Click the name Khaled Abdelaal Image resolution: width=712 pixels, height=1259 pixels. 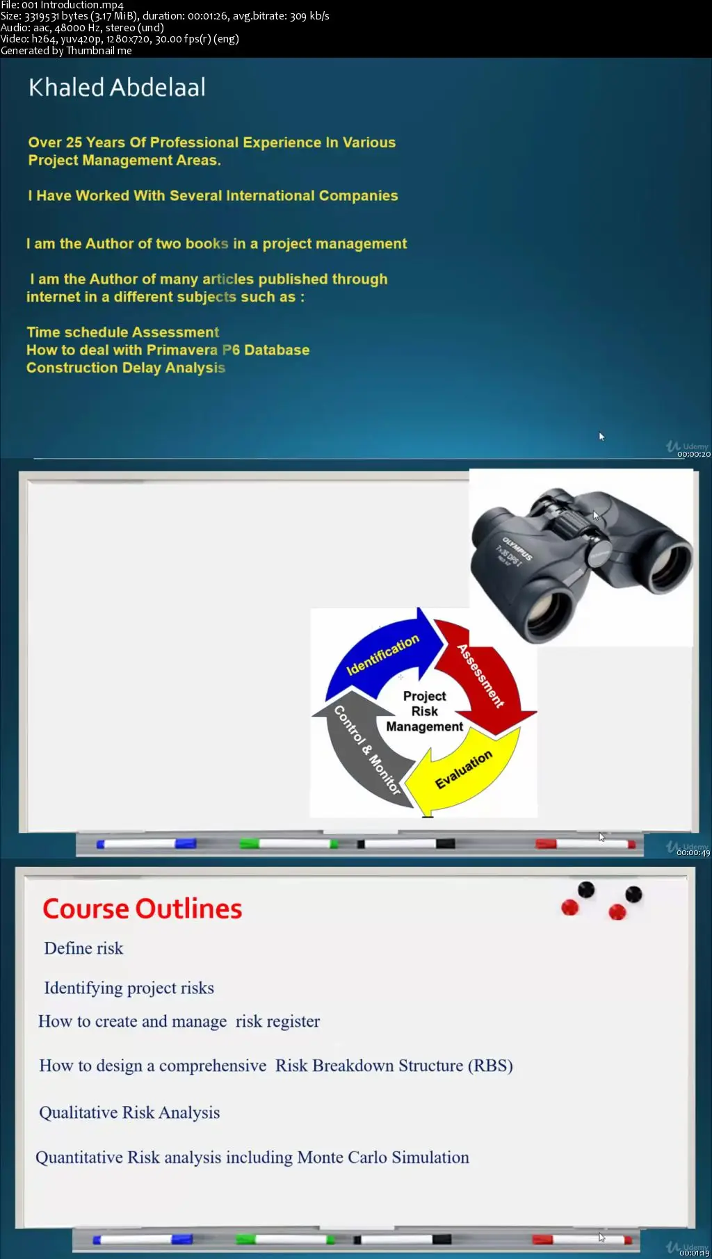click(117, 88)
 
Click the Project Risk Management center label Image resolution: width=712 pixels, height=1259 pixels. click(424, 711)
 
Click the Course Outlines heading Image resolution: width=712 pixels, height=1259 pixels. click(143, 909)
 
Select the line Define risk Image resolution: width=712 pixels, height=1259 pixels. click(83, 948)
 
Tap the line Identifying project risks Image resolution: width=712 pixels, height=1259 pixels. click(129, 988)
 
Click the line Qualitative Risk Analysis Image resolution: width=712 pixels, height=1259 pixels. click(129, 1112)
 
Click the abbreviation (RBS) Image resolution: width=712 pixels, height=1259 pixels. click(490, 1066)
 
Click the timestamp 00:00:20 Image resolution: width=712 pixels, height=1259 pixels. click(694, 454)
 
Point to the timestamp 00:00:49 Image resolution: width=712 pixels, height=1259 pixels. click(694, 852)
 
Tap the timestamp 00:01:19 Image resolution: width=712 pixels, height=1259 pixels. click(694, 1253)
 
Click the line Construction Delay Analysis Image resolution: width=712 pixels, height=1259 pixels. click(126, 368)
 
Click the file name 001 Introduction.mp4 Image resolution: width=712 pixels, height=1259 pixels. click(72, 5)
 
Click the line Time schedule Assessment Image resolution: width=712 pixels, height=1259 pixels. click(123, 332)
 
